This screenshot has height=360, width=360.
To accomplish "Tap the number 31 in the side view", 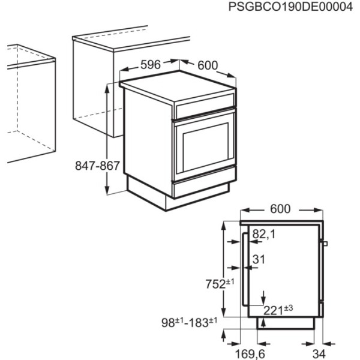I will click(x=259, y=259).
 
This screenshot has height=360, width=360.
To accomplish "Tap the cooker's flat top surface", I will click(x=174, y=89).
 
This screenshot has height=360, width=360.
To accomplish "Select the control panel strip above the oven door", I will click(x=204, y=109).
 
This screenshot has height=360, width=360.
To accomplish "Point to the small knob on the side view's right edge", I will click(x=325, y=244).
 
